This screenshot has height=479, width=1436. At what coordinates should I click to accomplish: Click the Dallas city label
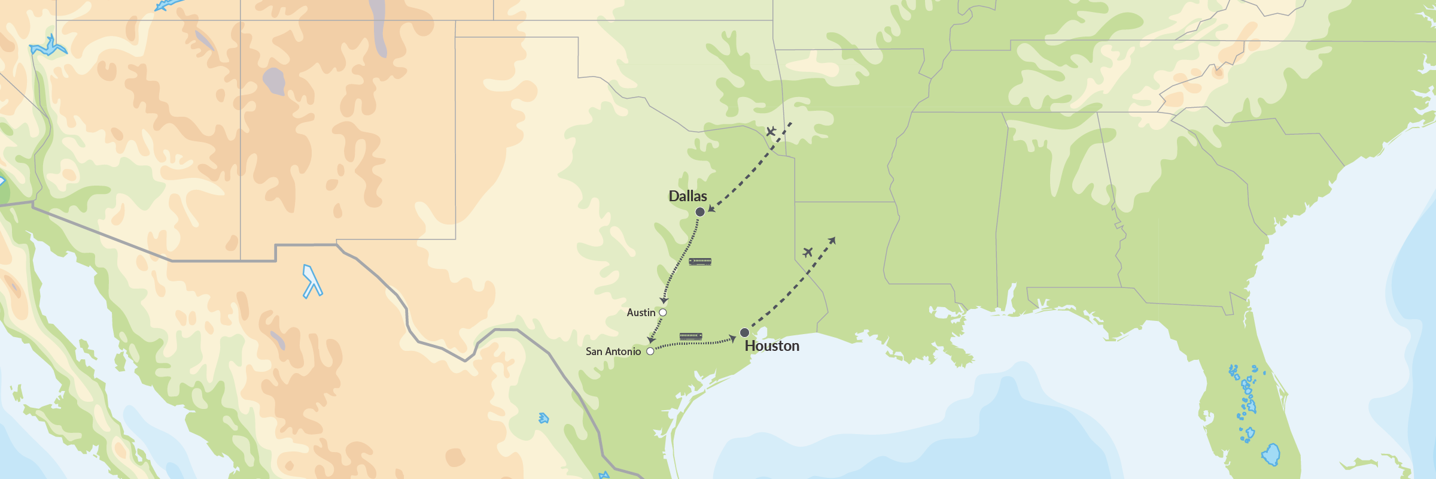687,196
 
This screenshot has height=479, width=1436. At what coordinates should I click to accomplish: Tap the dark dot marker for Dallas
700,212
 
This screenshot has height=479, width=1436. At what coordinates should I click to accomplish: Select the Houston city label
772,346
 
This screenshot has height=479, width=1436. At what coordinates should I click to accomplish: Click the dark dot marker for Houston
744,332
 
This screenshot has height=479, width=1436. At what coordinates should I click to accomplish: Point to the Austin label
641,313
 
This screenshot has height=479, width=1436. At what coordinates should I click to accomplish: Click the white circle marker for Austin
662,313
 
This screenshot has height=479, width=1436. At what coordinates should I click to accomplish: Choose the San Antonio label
613,351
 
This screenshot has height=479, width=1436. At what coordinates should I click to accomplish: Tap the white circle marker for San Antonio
650,351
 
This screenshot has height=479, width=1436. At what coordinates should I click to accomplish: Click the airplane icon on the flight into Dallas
771,131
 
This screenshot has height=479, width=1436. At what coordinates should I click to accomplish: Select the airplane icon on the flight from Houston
808,252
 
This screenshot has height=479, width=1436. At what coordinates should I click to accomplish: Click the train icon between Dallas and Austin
700,262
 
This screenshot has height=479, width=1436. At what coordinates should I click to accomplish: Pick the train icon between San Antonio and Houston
690,336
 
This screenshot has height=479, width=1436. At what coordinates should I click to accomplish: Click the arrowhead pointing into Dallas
711,208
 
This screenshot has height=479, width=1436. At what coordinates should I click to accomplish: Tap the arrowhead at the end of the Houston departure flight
832,240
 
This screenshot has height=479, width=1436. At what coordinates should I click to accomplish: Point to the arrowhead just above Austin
664,301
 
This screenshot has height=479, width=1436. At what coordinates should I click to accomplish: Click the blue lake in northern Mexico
312,281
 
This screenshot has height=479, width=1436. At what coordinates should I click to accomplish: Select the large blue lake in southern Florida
1271,455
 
